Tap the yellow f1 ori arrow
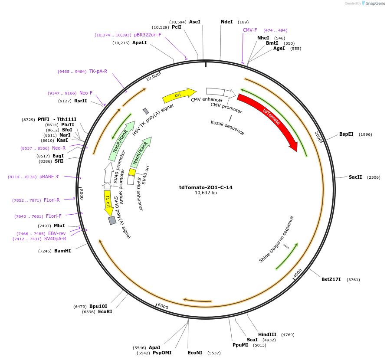point(108,202)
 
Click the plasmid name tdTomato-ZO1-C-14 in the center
point(206,187)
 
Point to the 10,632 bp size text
point(206,193)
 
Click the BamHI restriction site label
point(62,251)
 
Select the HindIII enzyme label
point(267,334)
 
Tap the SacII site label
point(355,177)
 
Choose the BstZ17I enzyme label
point(331,279)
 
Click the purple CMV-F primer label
point(250,30)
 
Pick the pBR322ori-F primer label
point(148,35)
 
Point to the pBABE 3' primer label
point(49,177)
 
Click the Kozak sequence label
point(227,128)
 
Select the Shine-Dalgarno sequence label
point(276,239)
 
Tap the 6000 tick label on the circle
point(163,306)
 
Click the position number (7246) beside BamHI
point(45,251)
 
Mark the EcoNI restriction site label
point(195,353)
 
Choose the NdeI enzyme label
point(227,22)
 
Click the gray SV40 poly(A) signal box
point(112,220)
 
